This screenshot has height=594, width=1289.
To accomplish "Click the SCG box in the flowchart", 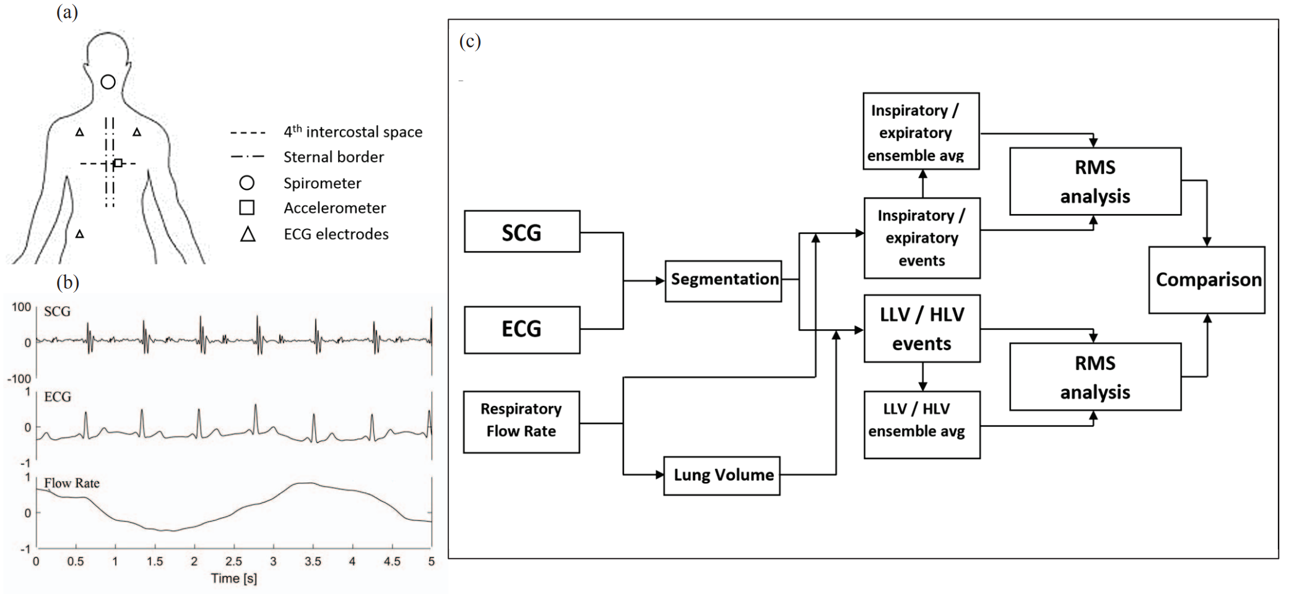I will click(x=522, y=231).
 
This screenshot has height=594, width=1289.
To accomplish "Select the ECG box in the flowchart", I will click(x=522, y=329).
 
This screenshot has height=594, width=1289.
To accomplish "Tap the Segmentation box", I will click(x=723, y=281).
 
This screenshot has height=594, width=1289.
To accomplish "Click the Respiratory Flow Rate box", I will click(x=521, y=421).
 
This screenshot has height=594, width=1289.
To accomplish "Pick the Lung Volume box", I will click(x=722, y=475).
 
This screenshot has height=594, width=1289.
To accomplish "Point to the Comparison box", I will click(x=1207, y=280).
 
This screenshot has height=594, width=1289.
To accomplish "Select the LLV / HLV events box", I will click(x=922, y=329).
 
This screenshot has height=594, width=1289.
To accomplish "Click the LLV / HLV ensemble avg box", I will click(x=922, y=424).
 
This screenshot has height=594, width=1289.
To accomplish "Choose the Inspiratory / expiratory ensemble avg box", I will click(x=921, y=131).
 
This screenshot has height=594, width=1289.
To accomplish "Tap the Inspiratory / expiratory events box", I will click(x=922, y=238).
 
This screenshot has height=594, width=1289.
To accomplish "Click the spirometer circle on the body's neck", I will click(x=108, y=82).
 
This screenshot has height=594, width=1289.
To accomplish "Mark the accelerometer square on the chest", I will click(x=118, y=163).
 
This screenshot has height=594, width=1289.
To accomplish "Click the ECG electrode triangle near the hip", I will click(x=80, y=235).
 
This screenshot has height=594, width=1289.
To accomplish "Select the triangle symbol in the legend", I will click(x=248, y=234).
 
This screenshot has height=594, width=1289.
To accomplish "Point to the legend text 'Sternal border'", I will click(x=334, y=157).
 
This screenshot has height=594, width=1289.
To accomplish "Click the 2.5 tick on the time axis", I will click(x=233, y=561).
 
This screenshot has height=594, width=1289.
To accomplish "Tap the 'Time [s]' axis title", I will click(x=233, y=578).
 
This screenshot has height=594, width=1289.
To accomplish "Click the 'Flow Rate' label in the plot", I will click(x=72, y=483).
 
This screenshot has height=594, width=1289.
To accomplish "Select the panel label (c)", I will click(x=470, y=41).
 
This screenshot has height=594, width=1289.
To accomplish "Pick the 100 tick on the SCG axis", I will click(x=21, y=308).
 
